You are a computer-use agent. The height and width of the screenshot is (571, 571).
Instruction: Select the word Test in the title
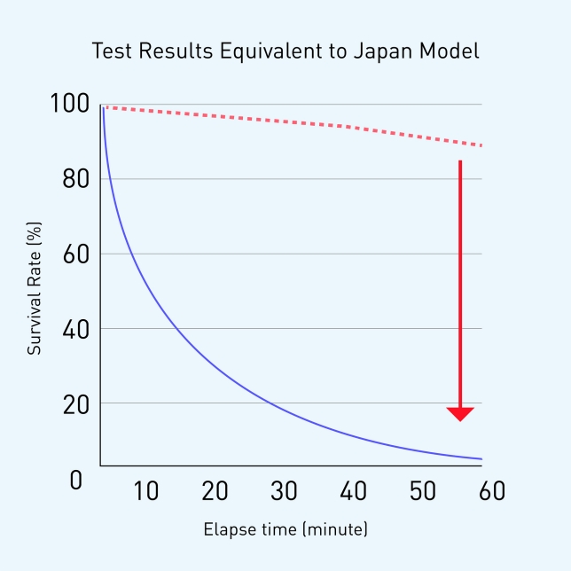pos(112,51)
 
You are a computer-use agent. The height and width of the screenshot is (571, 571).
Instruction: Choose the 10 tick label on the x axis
pos(145,491)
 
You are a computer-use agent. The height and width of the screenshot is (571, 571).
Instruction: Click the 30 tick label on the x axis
pos(284,491)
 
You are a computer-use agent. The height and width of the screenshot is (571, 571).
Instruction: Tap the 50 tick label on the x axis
pos(422,491)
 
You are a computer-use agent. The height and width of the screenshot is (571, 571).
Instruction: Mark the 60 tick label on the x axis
pos(491,491)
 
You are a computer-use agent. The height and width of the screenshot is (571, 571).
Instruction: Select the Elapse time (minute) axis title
pos(285,530)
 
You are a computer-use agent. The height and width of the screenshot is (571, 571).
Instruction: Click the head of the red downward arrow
pos(460,413)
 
